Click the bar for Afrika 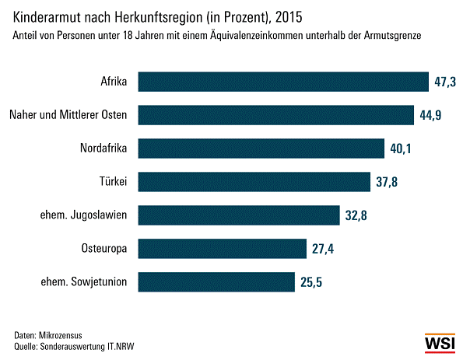point(283,82)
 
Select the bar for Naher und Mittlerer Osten point(276,115)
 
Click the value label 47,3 point(446,82)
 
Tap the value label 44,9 point(430,115)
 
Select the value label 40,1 point(401,149)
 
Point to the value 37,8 point(387,182)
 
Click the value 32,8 point(356,215)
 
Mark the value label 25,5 point(311,282)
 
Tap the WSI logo point(441,342)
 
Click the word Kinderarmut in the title point(49,15)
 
